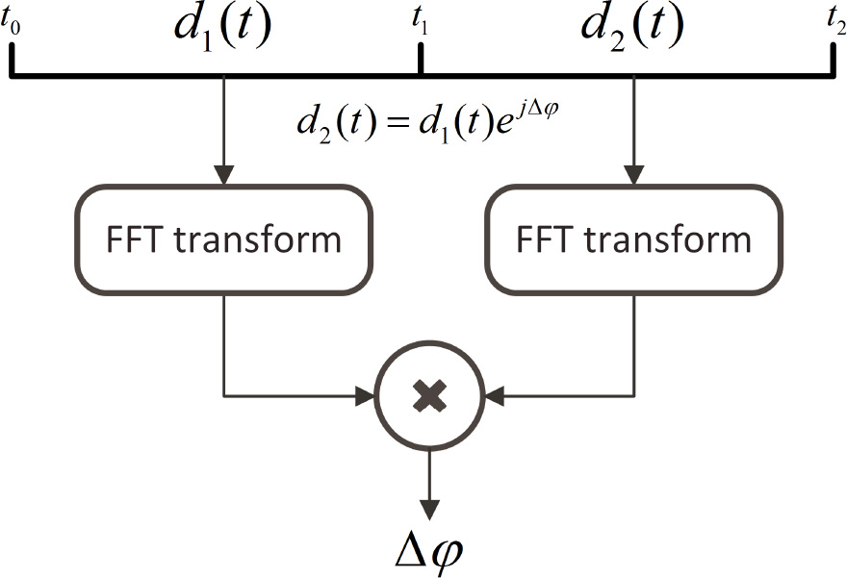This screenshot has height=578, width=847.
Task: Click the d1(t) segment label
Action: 222,28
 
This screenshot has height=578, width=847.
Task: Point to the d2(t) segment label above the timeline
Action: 632,28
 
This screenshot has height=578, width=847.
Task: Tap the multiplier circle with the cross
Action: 428,394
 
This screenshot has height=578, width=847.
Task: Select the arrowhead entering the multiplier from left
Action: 367,394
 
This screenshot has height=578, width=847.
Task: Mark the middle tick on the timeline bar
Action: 420,60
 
